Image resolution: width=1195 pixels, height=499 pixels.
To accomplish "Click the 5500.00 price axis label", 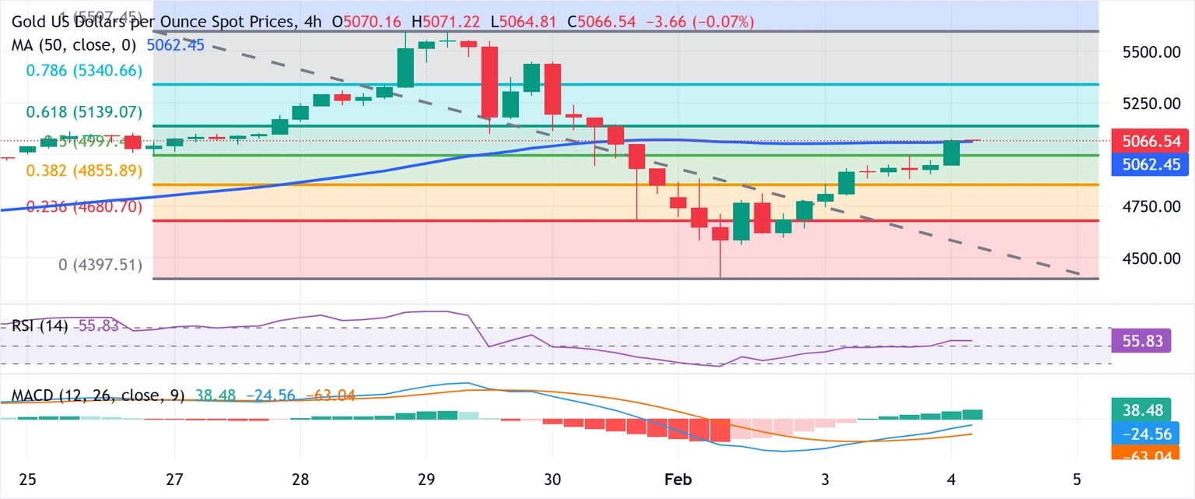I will click(1147, 52).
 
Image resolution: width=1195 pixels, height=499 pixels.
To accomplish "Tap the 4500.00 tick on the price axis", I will click(1147, 258).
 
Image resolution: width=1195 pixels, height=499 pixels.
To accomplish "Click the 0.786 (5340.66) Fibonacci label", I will click(84, 71).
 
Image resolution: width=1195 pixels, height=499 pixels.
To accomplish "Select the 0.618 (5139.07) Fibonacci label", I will click(84, 112).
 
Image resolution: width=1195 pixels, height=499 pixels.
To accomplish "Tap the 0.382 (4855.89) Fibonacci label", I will click(84, 170).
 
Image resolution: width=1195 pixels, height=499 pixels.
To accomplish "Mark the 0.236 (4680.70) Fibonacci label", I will click(84, 207).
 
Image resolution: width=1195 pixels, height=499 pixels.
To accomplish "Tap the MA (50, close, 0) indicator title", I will click(73, 45).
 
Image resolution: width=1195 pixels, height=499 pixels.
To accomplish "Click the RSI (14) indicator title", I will click(39, 325).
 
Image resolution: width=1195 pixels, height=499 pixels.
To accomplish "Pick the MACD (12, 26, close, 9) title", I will click(98, 395).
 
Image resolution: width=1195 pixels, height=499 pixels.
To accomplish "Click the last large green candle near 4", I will click(951, 153).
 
